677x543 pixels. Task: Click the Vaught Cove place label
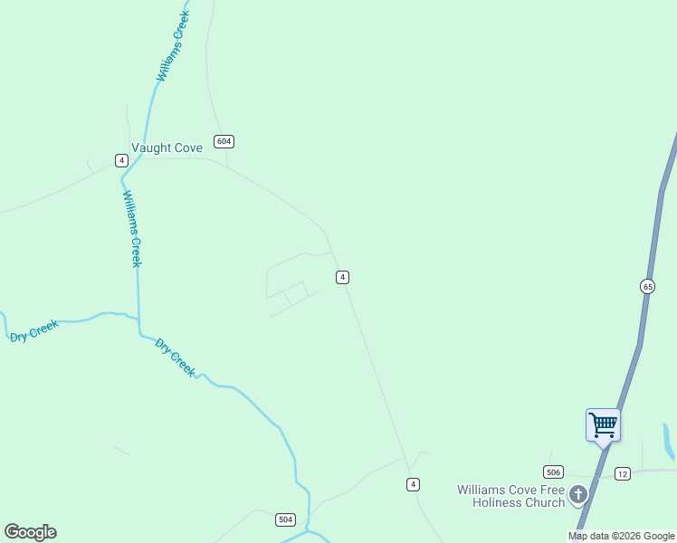coord(167,148)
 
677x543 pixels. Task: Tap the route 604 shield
coord(224,141)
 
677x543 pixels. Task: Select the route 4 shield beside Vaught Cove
coord(121,160)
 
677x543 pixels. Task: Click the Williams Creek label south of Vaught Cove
coord(132,228)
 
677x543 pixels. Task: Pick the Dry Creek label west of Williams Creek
coord(34,330)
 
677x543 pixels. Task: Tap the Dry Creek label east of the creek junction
coord(176,357)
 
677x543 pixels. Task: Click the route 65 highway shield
coord(647,286)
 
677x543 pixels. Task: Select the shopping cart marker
coord(603,424)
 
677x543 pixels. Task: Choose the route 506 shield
coord(553,472)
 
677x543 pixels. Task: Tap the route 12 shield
coord(622,473)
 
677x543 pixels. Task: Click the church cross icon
coord(578,495)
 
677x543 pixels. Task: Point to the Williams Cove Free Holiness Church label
coord(511,496)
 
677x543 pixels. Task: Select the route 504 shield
coord(285,519)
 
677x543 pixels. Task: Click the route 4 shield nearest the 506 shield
coord(413,484)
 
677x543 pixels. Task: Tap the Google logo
coord(30,532)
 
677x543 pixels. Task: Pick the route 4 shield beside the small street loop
coord(342,277)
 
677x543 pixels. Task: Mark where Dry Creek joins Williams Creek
coord(138,319)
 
